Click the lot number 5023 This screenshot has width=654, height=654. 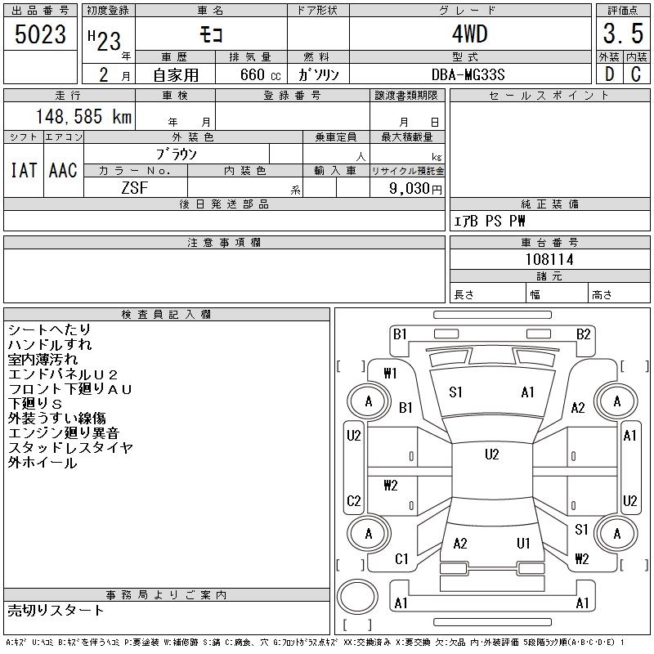click(40, 34)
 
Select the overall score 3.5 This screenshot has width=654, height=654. click(623, 34)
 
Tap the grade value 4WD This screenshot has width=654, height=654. click(470, 34)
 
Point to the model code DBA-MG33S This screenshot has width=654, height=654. click(468, 74)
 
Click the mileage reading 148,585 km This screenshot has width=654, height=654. click(83, 116)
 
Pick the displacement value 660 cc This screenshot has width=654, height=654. click(260, 74)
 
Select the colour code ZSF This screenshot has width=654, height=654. click(135, 188)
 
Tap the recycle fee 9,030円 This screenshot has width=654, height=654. click(415, 189)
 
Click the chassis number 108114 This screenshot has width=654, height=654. click(549, 259)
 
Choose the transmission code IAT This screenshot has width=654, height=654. click(24, 170)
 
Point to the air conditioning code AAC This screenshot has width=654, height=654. click(63, 170)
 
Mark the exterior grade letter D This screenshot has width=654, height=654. click(609, 74)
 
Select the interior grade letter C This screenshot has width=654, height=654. click(636, 74)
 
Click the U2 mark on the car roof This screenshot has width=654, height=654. click(492, 455)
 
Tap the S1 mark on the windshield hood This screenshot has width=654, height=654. click(455, 392)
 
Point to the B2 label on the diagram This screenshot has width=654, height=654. click(583, 334)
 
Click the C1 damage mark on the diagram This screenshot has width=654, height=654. click(401, 558)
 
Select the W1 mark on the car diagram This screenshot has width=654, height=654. click(391, 373)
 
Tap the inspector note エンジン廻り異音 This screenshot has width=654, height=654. click(64, 433)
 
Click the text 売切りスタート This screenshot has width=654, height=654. click(56, 610)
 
